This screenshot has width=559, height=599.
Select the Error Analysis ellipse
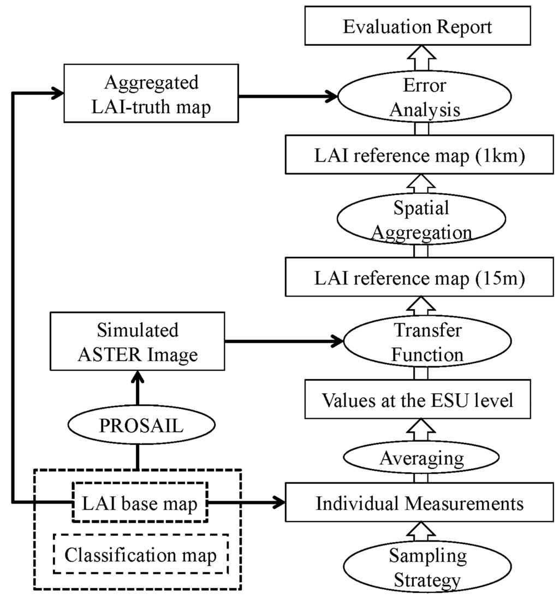tap(424, 98)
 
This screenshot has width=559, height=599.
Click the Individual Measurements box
tap(419, 502)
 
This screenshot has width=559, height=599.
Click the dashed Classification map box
tap(140, 557)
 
